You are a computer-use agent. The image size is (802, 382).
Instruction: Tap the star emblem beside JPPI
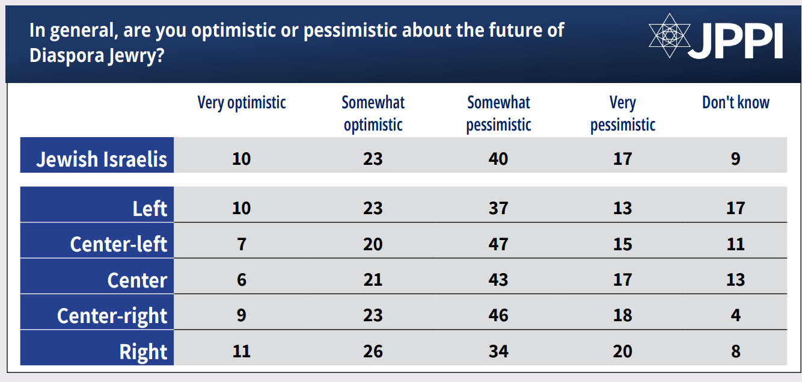click(x=669, y=35)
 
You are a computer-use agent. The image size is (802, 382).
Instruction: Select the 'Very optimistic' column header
click(x=242, y=103)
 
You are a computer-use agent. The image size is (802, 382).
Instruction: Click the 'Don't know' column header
click(x=736, y=102)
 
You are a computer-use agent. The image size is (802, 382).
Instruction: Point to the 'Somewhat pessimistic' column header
click(x=498, y=114)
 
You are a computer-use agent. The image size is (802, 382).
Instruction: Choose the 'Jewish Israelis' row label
click(x=102, y=159)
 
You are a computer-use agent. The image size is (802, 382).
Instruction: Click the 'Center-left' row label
click(x=118, y=244)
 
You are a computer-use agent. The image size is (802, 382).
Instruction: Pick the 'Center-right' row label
click(x=112, y=316)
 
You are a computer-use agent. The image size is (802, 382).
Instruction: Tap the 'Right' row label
click(x=143, y=352)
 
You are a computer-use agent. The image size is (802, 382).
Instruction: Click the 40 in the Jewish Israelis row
click(x=498, y=159)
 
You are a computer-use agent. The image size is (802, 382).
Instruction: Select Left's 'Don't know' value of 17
click(x=736, y=208)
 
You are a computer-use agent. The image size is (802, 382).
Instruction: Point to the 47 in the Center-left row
click(x=498, y=244)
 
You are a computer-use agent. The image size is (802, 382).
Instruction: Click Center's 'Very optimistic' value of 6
click(x=242, y=280)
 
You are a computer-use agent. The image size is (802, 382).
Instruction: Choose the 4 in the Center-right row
click(x=736, y=315)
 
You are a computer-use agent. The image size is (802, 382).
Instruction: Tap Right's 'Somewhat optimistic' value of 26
click(x=373, y=351)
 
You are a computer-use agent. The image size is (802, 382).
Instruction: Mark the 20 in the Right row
click(x=623, y=351)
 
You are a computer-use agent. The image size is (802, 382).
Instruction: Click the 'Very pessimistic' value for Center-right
click(x=623, y=315)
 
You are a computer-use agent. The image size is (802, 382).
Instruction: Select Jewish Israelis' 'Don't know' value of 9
click(x=736, y=159)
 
